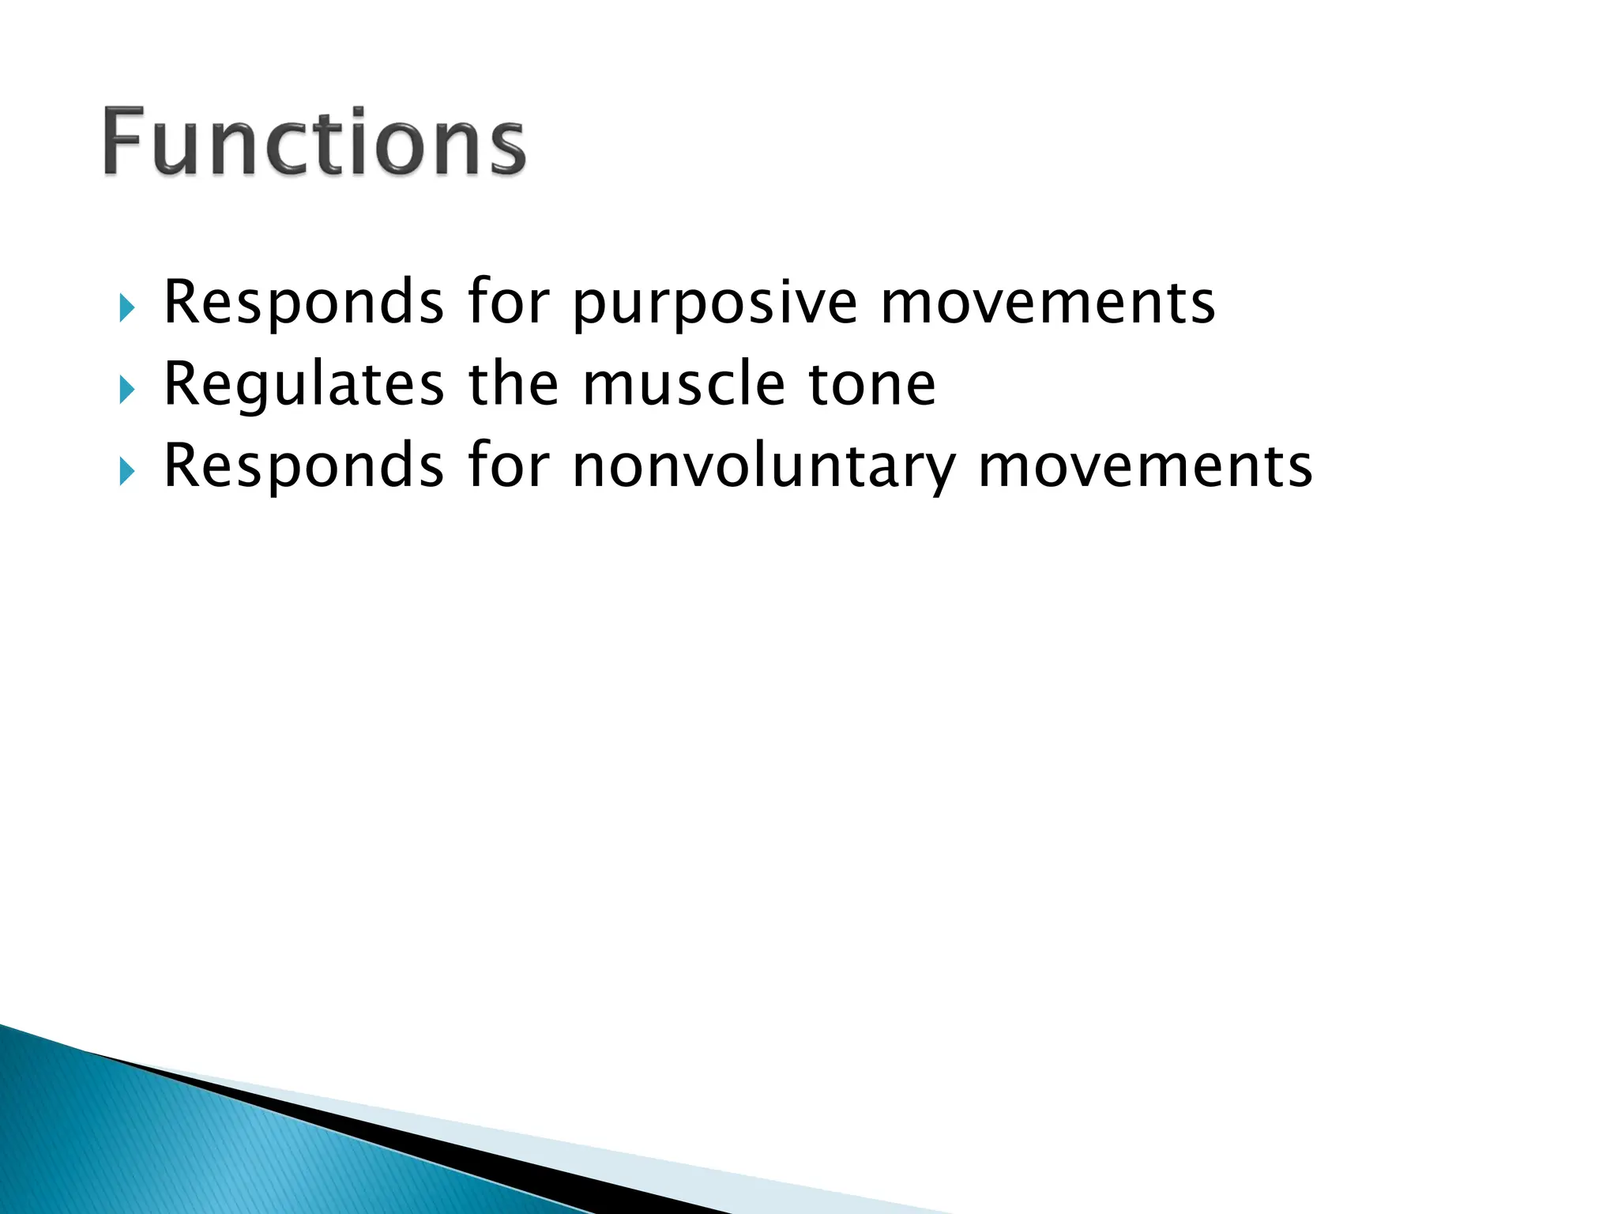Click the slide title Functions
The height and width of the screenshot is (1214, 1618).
coord(314,142)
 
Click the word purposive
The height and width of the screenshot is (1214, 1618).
coord(714,303)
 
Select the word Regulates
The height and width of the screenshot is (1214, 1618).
coord(303,385)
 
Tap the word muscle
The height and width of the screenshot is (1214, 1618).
coord(683,385)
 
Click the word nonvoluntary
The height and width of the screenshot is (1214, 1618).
coord(764,467)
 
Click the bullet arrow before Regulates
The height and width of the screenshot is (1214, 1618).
coord(126,389)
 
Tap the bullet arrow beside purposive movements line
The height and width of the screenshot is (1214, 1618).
coord(126,307)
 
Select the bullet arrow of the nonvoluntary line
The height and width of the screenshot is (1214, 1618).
coord(126,471)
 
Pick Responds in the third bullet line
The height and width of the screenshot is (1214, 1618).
coord(303,466)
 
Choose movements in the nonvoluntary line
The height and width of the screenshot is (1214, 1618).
coord(1145,467)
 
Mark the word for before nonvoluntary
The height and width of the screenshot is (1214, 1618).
coord(507,466)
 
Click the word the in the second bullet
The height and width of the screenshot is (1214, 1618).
coord(513,385)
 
